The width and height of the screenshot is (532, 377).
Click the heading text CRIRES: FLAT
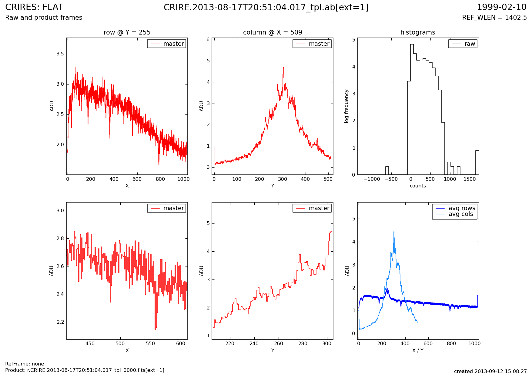tap(34, 7)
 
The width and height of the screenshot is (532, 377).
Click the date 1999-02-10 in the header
tap(502, 7)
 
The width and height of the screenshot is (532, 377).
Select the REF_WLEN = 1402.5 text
tap(494, 18)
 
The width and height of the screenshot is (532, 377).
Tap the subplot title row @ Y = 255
tap(127, 32)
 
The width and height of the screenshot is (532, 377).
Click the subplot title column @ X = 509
tap(273, 32)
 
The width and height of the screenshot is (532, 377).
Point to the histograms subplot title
tap(418, 32)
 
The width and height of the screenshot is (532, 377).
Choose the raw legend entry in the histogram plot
tap(470, 44)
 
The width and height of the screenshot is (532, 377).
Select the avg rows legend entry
tap(462, 208)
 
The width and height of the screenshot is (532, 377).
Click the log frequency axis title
tap(346, 106)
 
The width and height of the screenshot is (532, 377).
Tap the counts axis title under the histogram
tap(418, 186)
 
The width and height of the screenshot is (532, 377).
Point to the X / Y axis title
tap(418, 350)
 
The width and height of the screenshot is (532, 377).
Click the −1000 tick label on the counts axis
tap(371, 179)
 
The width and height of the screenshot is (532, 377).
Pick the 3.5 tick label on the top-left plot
tap(60, 54)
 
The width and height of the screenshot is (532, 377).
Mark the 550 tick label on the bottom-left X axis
tap(150, 344)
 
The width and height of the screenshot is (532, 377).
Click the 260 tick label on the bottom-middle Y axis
tap(279, 344)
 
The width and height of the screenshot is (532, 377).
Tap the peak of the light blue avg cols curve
tap(394, 232)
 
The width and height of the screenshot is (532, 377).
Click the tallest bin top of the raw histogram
tap(412, 44)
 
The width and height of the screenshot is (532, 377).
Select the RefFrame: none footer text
tap(25, 364)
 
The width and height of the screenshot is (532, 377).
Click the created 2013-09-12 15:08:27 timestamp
tap(490, 371)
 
